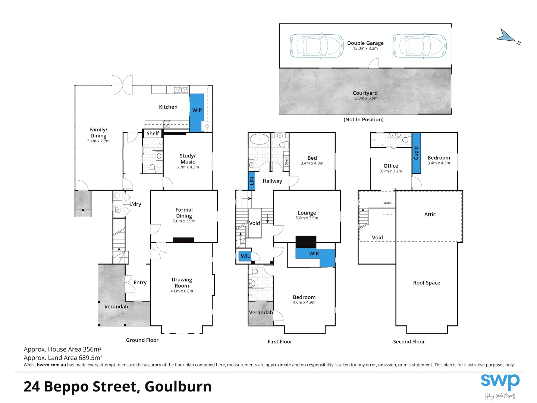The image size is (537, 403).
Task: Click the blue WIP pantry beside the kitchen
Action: (197, 112)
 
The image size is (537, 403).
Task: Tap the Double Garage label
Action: (365, 43)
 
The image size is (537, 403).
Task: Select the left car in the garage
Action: (317, 46)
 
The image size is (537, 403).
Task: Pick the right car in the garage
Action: (420, 46)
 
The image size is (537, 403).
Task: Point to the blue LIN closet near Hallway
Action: (252, 181)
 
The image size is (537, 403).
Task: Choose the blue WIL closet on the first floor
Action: (245, 256)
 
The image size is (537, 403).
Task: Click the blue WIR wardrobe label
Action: (314, 254)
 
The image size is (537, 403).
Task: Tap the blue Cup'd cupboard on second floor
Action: (416, 153)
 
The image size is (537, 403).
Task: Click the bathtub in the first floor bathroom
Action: (259, 140)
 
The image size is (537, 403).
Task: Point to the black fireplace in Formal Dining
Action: (183, 240)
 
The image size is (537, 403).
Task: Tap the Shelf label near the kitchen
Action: (153, 133)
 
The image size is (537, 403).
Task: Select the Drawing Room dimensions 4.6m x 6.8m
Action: (182, 291)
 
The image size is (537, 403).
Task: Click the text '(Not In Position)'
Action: (363, 119)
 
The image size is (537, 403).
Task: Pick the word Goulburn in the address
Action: (178, 387)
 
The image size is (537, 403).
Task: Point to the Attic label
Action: (430, 215)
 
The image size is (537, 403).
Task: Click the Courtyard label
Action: (365, 93)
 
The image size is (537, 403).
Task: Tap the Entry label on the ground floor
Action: (140, 282)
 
